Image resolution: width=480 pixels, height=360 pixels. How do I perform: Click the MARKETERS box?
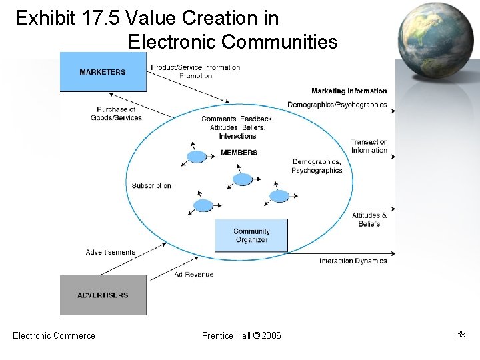pos(103,72)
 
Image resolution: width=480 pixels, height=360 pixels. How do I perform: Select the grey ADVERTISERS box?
pos(103,295)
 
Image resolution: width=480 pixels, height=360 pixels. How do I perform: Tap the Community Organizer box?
pos(251,236)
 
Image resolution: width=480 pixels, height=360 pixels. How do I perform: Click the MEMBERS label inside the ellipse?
pos(239,153)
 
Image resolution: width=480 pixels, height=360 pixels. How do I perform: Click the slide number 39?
pos(461,334)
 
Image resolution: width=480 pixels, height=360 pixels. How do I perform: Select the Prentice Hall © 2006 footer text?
pos(241,335)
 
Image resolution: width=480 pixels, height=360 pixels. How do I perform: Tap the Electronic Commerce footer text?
pos(54,335)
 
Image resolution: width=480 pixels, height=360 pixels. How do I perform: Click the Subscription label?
pos(151,185)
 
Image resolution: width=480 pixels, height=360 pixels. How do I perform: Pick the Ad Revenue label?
pos(194,275)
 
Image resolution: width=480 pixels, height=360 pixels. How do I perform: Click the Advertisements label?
pos(111,252)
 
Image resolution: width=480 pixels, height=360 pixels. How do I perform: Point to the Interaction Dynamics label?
pos(353,261)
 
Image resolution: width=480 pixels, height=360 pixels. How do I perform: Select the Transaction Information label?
pos(369,146)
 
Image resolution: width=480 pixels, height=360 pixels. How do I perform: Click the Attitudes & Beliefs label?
pos(369,219)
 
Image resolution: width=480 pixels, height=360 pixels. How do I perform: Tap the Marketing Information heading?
pos(349,91)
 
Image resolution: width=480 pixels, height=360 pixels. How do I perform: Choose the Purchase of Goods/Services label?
pos(117,113)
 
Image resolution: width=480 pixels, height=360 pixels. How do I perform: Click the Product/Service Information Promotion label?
pos(195,71)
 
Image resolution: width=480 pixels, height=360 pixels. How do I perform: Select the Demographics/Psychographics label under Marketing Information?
pos(337,105)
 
